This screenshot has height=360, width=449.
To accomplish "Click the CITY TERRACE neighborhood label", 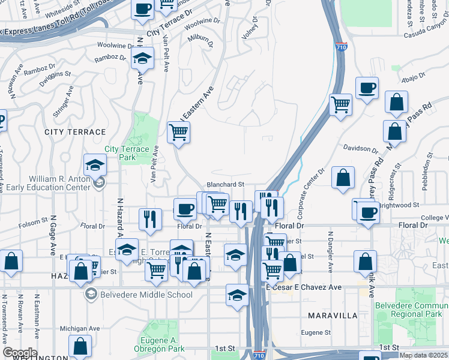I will click(74, 131).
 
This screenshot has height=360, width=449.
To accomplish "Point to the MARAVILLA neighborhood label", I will click(332, 315).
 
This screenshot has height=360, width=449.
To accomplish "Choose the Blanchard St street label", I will click(225, 185).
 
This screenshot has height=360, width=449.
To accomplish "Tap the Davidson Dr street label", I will click(361, 148).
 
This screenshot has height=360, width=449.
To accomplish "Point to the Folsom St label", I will click(34, 221).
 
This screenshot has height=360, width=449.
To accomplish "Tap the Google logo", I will click(20, 353).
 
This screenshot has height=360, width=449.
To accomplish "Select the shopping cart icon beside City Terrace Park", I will click(179, 131).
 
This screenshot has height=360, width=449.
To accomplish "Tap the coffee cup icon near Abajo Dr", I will click(367, 88).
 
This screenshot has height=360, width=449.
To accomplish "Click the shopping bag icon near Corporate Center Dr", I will click(343, 178).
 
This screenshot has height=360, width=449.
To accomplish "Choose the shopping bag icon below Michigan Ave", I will click(80, 346).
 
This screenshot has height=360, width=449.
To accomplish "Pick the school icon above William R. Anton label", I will click(95, 164).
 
